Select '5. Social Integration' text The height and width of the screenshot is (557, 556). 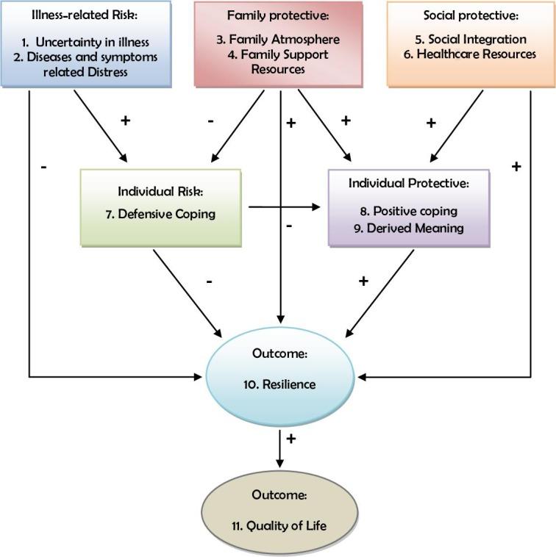pyautogui.click(x=471, y=40)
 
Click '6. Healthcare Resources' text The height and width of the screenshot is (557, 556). pyautogui.click(x=471, y=54)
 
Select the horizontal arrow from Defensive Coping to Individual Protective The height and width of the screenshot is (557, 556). pyautogui.click(x=287, y=207)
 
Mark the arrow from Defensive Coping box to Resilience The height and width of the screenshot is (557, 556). pyautogui.click(x=187, y=290)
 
